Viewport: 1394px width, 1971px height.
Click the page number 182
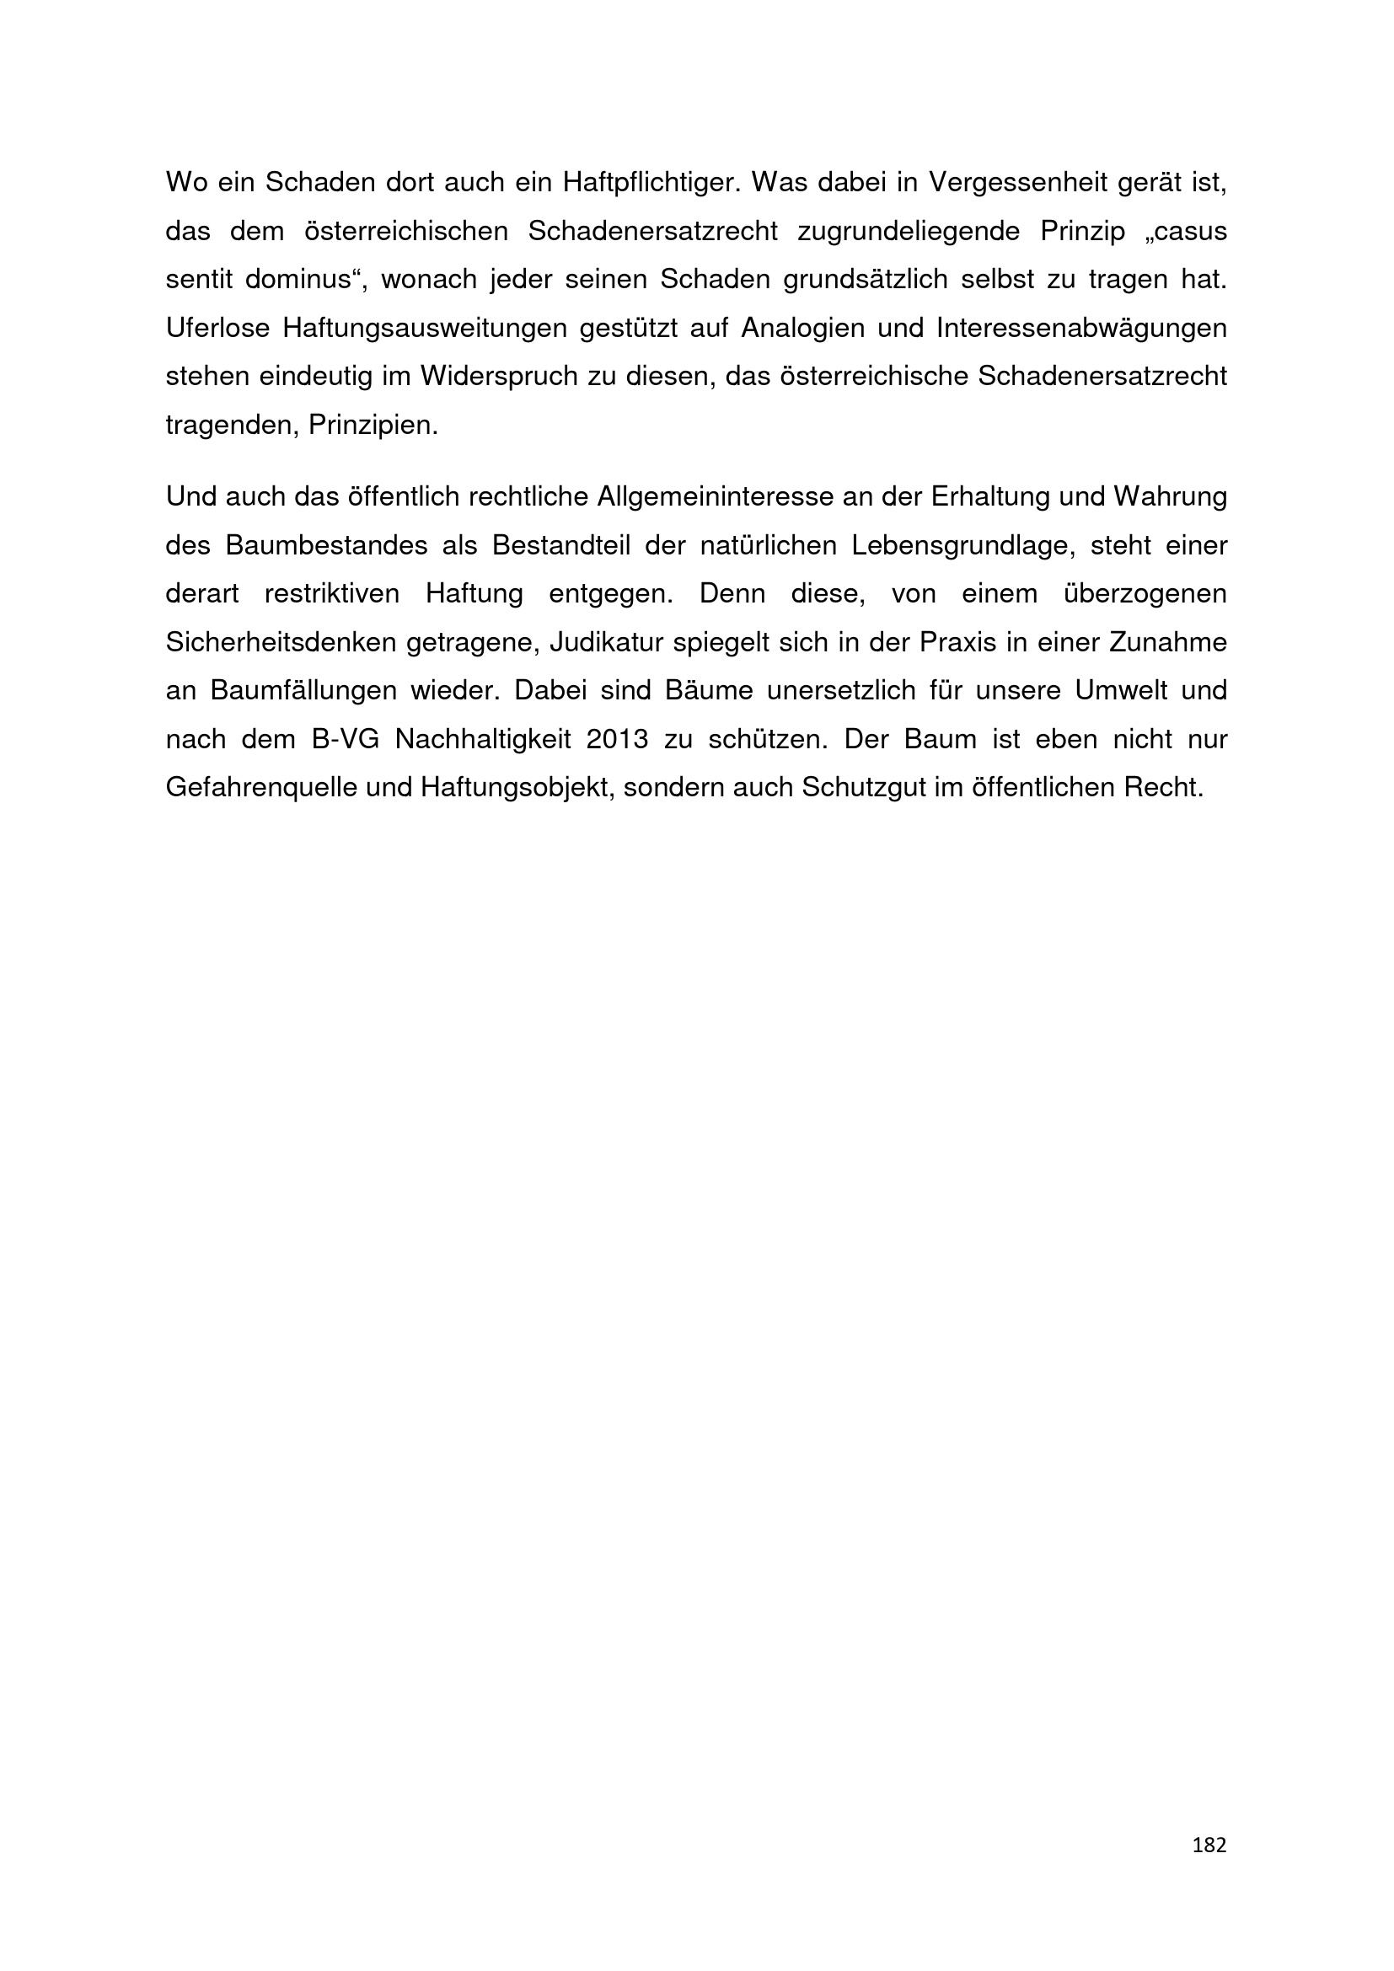1209,1845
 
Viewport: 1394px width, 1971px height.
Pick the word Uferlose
217,329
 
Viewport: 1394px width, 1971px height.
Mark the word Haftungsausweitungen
422,329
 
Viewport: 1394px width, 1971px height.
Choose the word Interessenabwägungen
1081,329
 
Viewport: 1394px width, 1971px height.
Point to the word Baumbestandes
326,546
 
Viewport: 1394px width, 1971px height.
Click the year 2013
617,740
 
